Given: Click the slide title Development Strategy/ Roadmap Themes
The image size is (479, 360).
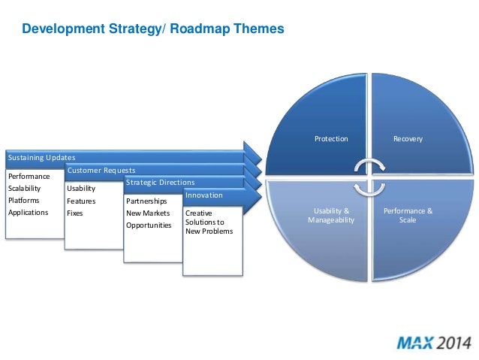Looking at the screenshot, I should coord(153,30).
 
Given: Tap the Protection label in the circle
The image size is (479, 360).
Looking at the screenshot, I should coord(331,139).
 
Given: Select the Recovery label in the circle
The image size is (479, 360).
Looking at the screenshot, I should coord(408,139).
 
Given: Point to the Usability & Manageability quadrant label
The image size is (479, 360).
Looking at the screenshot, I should coord(331,216).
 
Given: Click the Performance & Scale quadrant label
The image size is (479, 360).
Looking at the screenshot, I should coord(408,216).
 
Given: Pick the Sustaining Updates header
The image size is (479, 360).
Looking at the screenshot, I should coord(41,158).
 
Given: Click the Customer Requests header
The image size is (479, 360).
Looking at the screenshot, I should coord(101,171).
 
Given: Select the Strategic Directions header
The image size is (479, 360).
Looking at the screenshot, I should coord(160,183).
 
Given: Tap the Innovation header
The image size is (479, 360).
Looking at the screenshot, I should coord(203,195).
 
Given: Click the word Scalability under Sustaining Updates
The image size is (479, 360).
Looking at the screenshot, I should coord(26,189).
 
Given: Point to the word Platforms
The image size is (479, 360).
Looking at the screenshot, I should coord(24,201).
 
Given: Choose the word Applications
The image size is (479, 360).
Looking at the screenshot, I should coord(28,213).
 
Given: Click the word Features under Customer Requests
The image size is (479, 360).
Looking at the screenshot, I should coord(81,201).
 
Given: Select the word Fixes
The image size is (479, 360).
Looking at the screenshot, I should coord(75,213).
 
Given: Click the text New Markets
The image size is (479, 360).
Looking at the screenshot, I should coord(148,213).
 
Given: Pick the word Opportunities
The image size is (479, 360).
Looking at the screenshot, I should coord(149,225).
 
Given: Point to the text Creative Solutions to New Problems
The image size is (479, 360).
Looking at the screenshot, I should coord(209,222).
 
